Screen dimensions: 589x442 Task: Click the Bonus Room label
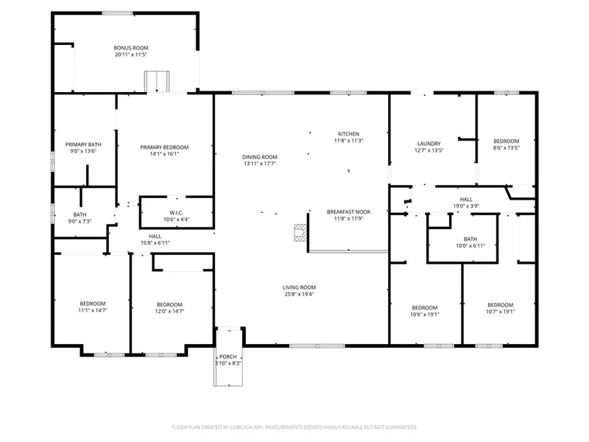coord(131,48)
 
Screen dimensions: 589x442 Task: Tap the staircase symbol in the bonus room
coord(157,81)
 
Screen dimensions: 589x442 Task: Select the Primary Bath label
coord(83,144)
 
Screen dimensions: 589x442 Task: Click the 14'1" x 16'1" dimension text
coord(164,154)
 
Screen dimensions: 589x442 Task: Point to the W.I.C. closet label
coord(176,213)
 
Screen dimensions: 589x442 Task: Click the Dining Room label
coord(260,157)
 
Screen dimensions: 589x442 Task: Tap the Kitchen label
coord(348,134)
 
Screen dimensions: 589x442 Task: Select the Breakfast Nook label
coord(348,212)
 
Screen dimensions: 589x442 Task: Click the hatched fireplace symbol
coord(300,233)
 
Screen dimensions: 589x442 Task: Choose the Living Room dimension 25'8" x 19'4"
coord(299,294)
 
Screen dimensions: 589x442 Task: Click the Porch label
coord(228,357)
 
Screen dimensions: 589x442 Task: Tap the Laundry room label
coord(429,144)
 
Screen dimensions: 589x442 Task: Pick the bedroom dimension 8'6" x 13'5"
coord(506,148)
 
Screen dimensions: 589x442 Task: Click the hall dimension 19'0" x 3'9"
coord(466,206)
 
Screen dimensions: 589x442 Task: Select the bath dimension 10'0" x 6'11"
coord(470,246)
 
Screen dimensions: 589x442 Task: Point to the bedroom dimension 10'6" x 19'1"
coord(425,315)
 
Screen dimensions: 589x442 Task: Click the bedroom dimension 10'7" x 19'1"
coord(501,312)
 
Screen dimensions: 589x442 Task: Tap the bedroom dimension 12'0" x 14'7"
coord(169,311)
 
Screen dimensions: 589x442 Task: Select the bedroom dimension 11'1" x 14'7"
coord(93,310)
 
